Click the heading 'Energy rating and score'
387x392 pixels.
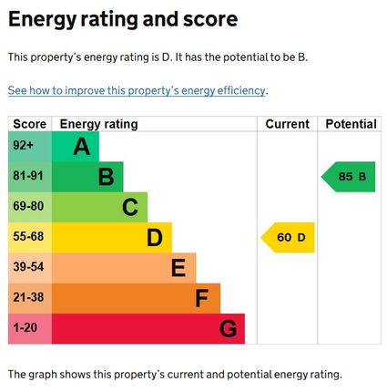123,19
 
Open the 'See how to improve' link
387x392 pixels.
137,91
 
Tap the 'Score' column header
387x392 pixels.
29,124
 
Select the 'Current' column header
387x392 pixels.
287,124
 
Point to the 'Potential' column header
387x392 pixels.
351,124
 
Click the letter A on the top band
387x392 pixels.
82,147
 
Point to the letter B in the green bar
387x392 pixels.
106,177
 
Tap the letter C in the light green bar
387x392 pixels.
130,208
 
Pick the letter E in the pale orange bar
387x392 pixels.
178,268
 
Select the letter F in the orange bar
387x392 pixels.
202,298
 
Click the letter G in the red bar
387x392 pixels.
228,328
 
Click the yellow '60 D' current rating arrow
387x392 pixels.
290,238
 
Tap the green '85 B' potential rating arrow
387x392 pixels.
350,177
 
